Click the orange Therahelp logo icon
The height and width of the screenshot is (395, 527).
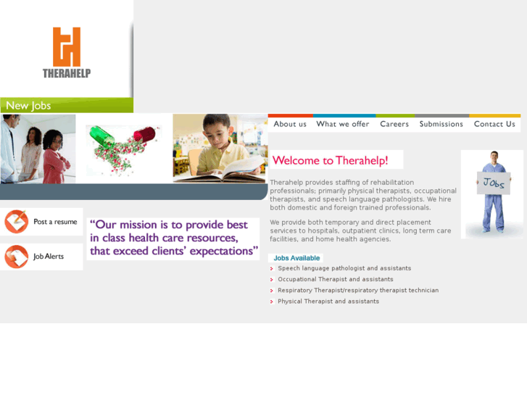pos(66,46)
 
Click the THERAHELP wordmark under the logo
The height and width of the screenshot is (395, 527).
pos(66,73)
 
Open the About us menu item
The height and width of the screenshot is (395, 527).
pos(290,124)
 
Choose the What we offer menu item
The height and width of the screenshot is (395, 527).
pos(343,124)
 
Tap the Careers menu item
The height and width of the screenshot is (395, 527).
pos(394,124)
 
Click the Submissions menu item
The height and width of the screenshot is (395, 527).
pos(441,124)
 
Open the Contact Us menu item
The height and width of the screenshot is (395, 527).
pos(494,124)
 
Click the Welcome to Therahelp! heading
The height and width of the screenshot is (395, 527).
pos(330,160)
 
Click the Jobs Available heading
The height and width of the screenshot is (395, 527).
pos(296,258)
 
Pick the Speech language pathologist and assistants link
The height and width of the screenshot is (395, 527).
pos(344,268)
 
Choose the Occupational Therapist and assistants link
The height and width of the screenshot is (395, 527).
pos(336,279)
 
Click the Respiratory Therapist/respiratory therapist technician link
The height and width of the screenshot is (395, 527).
pos(358,290)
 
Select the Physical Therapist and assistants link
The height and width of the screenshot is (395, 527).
pos(328,301)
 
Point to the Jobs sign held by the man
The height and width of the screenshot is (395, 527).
pos(494,183)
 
